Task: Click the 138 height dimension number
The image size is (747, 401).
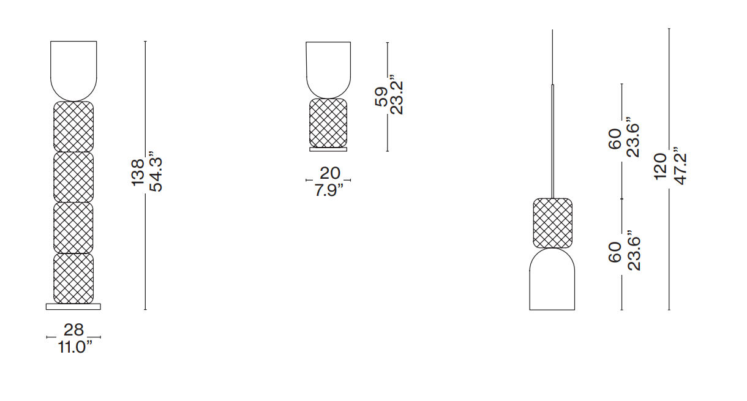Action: (x=138, y=172)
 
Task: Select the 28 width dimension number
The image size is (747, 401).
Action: (x=73, y=329)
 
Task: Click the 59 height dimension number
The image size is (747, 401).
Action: (x=381, y=97)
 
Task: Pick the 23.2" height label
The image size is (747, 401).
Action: (x=396, y=95)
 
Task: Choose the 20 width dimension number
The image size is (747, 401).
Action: (x=330, y=173)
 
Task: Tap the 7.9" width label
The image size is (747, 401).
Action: (x=329, y=190)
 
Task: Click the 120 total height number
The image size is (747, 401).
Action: (x=660, y=167)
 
